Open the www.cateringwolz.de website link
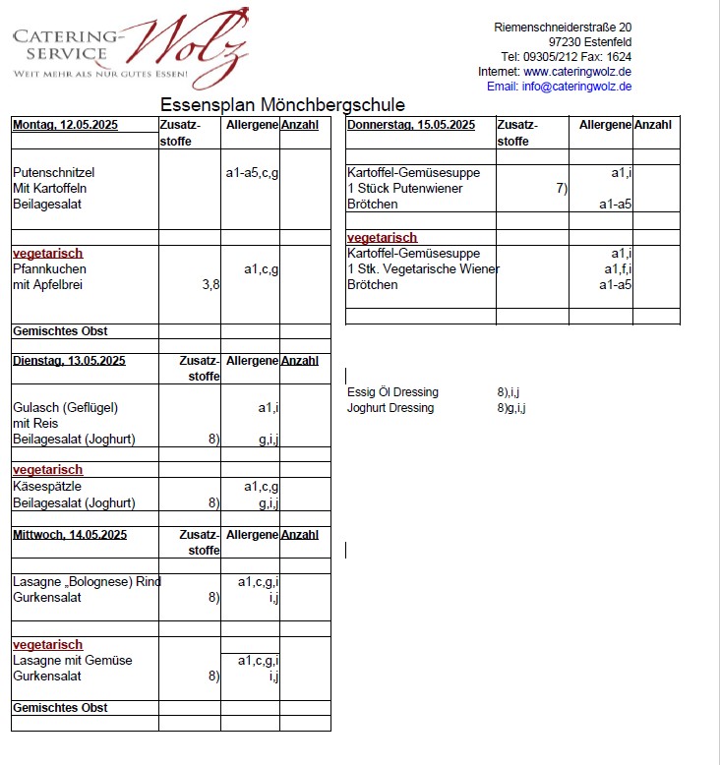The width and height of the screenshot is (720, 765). pos(577,72)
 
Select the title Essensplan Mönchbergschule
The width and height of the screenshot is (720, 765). pos(282,105)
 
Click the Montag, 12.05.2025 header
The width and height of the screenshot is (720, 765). pos(65,125)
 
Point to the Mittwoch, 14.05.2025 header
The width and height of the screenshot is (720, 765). pos(70,535)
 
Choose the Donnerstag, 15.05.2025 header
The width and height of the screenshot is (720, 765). pos(411,125)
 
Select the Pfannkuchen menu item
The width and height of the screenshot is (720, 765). pos(49,268)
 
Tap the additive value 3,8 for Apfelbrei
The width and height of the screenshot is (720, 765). pos(210,285)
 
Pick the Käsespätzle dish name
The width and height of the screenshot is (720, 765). pos(46,487)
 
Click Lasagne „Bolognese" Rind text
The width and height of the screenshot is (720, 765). pos(87,582)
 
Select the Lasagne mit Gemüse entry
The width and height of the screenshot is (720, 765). pos(72,661)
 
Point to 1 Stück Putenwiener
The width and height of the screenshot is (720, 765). pos(404,189)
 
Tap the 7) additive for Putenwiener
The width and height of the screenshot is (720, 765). pos(562,189)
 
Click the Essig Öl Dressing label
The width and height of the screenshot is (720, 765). pos(392,392)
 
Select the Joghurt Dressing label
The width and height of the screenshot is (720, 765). pos(390,408)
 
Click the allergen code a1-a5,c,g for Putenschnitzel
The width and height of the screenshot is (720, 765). pos(252,173)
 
